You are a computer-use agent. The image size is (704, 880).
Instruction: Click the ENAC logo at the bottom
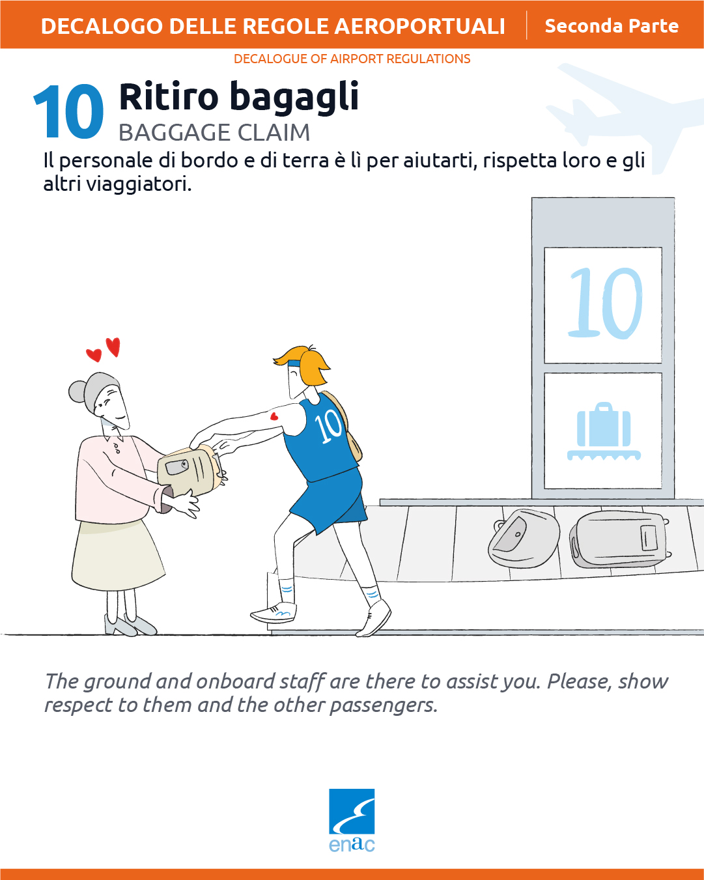352,820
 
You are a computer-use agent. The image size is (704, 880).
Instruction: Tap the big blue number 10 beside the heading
68,111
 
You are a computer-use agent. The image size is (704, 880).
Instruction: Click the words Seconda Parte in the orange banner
612,26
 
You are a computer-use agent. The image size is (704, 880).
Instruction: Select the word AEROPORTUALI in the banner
419,26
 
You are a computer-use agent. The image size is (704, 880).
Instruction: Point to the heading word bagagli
294,97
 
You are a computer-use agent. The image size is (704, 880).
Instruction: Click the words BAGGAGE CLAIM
214,132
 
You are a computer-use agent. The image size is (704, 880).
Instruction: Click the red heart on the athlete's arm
274,416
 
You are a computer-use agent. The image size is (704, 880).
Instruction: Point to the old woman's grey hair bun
77,391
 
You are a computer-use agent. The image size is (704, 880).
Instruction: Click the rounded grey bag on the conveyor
524,538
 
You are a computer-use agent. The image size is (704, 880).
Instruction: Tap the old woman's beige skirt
118,556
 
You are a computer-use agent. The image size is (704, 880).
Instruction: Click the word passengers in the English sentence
384,705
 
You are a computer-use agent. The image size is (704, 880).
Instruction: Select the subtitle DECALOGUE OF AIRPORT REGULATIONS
352,59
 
